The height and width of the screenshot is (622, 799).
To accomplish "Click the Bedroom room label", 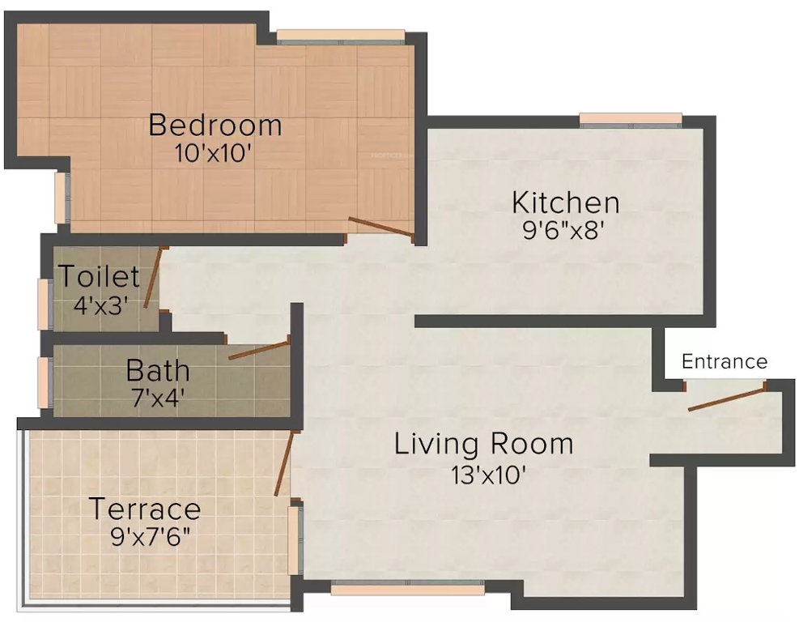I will point(215,126).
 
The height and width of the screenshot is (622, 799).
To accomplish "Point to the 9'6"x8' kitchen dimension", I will point(565,229).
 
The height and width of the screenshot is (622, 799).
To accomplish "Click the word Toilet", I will point(99,277).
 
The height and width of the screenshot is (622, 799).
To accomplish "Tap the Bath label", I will point(158,372).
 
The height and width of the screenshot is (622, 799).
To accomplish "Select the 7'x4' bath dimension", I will point(158,398).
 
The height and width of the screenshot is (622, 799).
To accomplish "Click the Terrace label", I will point(144,509).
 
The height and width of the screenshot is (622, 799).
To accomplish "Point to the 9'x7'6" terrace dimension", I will point(151,536).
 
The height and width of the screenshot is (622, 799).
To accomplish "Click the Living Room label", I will point(483,444).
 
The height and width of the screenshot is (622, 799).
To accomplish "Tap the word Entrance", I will point(725,361).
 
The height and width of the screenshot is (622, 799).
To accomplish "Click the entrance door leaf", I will point(726,399).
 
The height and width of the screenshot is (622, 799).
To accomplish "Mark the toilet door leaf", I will point(153,277).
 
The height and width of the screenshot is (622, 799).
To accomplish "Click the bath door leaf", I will point(258,350).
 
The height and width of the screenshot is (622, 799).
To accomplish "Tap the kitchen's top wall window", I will point(631,120).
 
